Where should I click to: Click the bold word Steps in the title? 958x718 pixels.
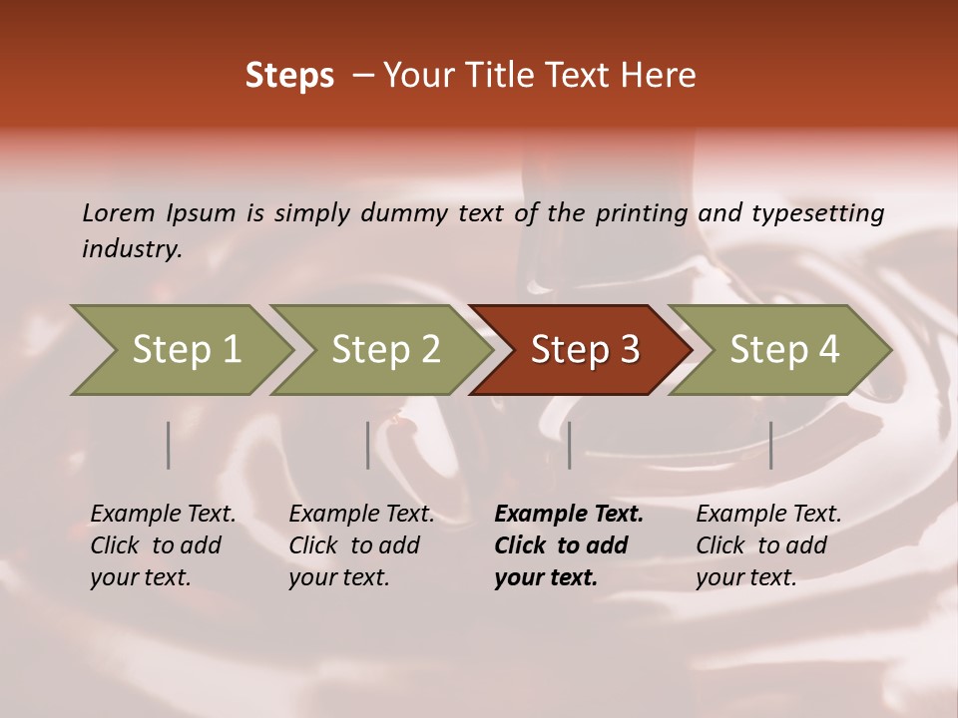289,76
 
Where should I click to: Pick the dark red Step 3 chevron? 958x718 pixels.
585,350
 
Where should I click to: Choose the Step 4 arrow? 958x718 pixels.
784,350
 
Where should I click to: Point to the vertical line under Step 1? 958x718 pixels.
169,445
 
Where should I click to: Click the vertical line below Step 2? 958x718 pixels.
368,445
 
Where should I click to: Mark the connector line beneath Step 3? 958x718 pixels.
569,445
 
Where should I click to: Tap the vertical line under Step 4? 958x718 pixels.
770,445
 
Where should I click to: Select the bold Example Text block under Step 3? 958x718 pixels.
568,545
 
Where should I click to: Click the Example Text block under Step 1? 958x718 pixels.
163,545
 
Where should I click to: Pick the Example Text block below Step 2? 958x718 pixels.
361,545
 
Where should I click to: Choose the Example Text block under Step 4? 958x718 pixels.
768,545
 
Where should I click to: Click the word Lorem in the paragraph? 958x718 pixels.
118,212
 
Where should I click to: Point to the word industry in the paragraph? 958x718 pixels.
132,249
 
